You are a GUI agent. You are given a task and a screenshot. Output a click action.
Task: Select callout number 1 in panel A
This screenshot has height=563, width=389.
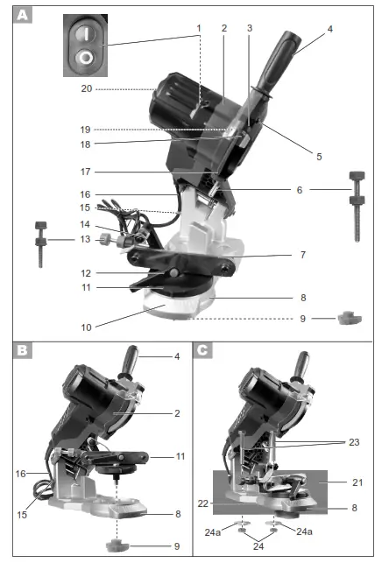click(x=199, y=28)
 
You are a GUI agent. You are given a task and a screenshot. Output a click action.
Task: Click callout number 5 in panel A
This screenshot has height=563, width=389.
click(x=319, y=157)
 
